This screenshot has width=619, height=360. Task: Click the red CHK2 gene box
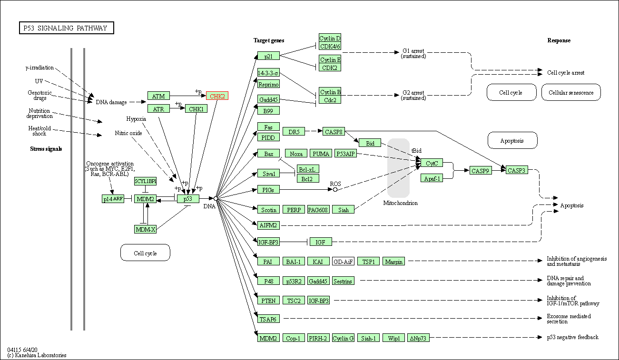point(217,96)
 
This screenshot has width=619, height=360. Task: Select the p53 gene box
point(188,198)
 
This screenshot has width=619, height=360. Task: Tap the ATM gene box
point(158,96)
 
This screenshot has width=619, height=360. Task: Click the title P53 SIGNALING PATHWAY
point(66,28)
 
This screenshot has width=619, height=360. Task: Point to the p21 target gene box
point(268,56)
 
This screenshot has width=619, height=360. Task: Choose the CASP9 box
point(481,170)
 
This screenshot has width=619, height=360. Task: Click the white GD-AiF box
point(343,261)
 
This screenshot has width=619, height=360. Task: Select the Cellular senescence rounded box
point(571,93)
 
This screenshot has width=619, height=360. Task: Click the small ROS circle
point(335,189)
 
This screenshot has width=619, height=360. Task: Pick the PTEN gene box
point(268,300)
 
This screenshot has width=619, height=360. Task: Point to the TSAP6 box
point(268,319)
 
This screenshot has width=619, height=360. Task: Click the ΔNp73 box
point(419,338)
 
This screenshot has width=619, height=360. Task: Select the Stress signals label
point(46,149)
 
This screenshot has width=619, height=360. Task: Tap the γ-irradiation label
point(39,68)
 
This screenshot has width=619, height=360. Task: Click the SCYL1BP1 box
point(145,181)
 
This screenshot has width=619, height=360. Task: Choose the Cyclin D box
point(330,38)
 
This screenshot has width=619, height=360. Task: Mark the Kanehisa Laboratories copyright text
point(37,355)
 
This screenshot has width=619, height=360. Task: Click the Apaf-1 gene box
point(432,178)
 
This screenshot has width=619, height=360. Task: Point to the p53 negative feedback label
point(572,337)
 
